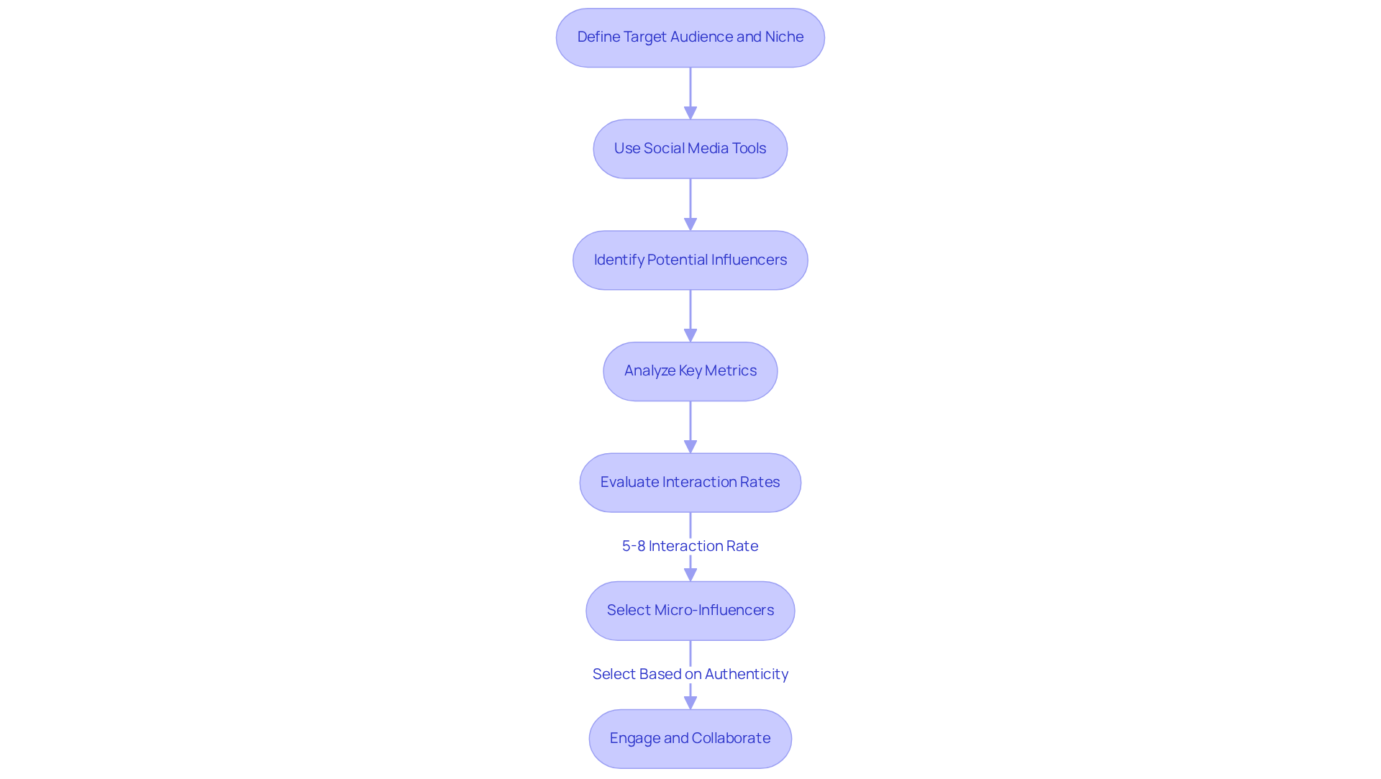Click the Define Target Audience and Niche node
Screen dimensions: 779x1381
[x=690, y=37]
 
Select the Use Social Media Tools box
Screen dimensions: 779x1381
[x=690, y=149]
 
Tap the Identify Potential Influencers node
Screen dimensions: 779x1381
[x=690, y=260]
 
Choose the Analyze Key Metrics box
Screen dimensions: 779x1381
[x=690, y=371]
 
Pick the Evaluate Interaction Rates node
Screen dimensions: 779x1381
[x=690, y=483]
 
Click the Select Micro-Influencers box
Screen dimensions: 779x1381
[x=690, y=611]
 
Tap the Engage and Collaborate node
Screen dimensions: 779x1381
[x=690, y=739]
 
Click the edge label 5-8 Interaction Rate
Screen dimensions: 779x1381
[x=690, y=546]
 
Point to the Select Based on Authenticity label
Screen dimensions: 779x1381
[x=690, y=674]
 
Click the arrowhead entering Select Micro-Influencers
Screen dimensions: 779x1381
[x=690, y=574]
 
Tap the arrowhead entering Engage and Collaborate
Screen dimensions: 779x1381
[x=690, y=702]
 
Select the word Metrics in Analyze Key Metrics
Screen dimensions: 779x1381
[x=730, y=370]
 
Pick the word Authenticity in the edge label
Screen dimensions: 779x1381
[x=746, y=674]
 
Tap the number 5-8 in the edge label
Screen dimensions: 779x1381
[x=634, y=546]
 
